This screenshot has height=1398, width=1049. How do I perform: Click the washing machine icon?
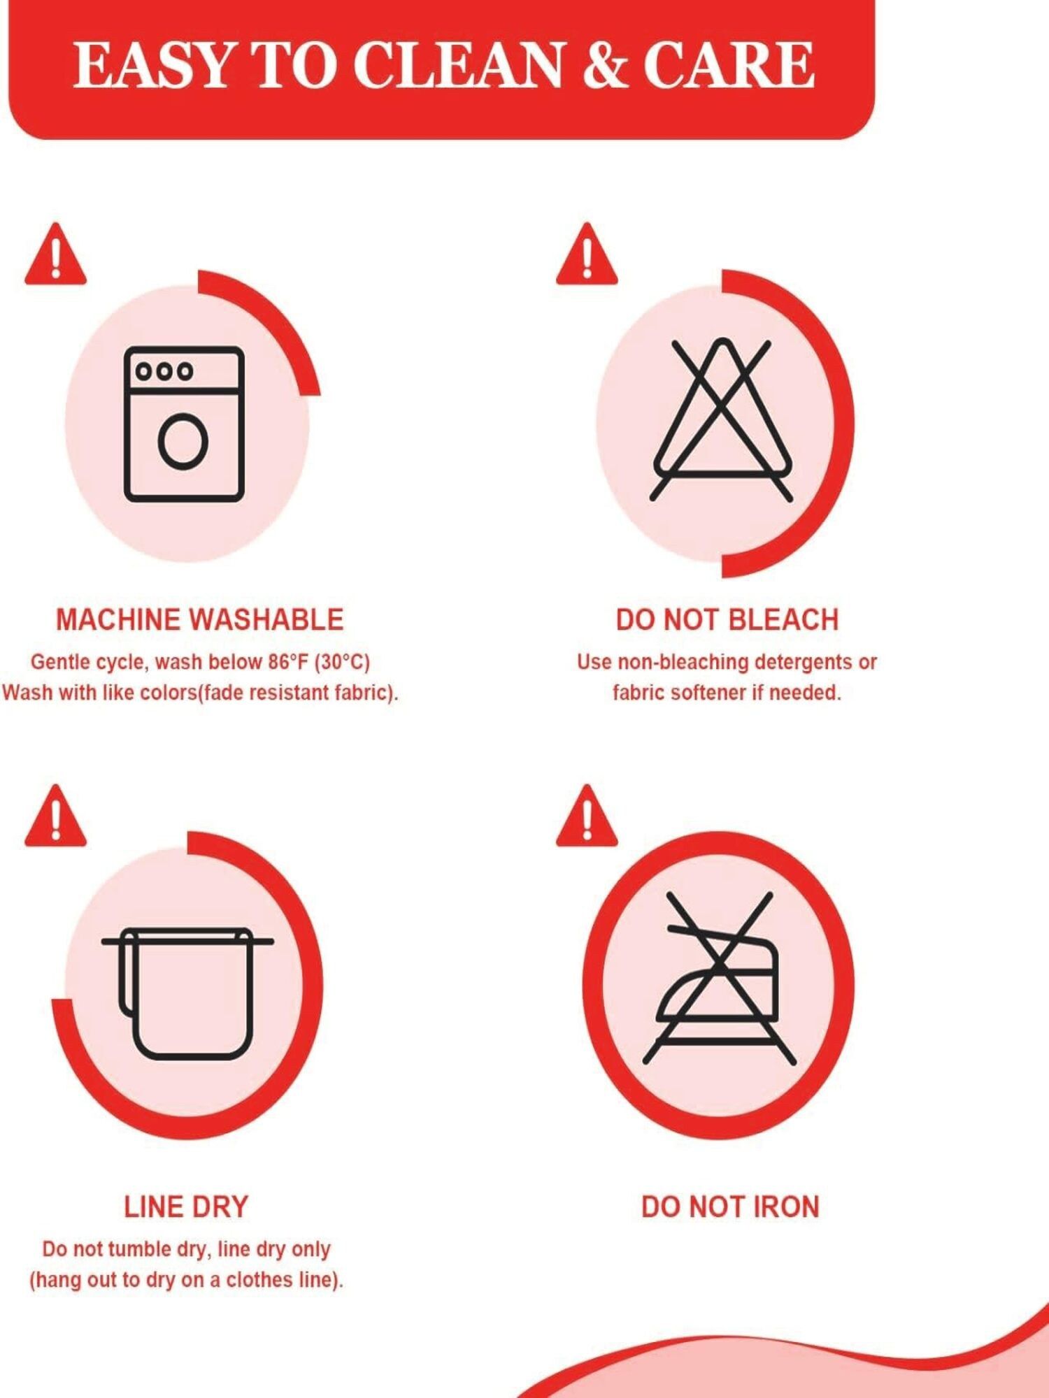pos(184,424)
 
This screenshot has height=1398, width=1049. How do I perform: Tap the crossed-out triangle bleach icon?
pos(722,420)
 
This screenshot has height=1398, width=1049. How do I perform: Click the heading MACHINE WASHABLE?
pos(199,620)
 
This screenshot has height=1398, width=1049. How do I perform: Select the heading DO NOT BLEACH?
pos(727,620)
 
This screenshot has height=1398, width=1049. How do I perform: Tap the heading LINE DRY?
pos(186,1207)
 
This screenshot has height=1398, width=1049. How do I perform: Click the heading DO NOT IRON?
pos(730,1207)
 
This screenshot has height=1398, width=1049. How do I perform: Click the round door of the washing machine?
pos(183,440)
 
